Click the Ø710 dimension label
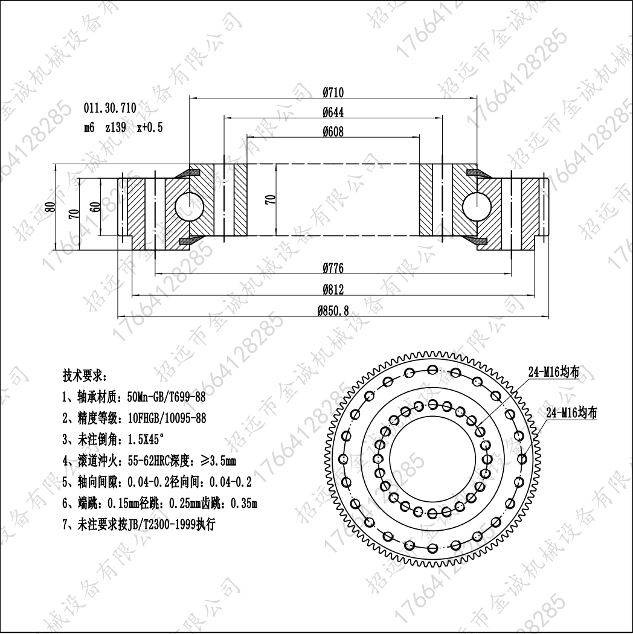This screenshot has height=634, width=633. coord(333,92)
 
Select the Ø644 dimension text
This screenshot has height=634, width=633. coord(333,112)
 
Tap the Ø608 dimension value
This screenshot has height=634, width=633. coord(333,132)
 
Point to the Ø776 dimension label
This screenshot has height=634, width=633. coord(333,268)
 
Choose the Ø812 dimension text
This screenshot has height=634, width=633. coord(333,289)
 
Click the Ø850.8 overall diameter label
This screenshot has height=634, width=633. coord(333,311)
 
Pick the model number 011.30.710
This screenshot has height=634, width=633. coord(110,108)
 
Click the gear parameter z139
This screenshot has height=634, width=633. coord(115,128)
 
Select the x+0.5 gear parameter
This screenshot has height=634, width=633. coord(150,128)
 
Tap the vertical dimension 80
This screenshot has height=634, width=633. coord(51,207)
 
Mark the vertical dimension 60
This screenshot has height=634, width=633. coord(95,207)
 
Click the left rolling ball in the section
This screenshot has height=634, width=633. coord(189,207)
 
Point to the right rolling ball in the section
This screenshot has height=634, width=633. coord(477,207)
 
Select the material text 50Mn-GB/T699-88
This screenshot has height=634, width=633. coord(166,397)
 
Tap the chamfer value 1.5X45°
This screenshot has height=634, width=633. coord(146,439)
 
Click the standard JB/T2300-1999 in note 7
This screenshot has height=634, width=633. coord(161,525)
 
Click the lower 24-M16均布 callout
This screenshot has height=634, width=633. coord(571,413)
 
